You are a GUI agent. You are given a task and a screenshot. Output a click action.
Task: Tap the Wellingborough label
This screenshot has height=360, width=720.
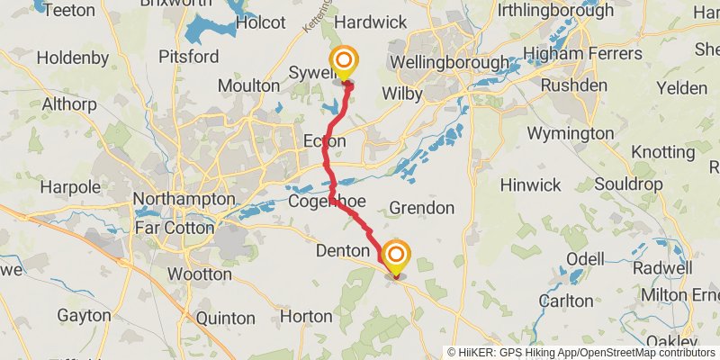(448, 64)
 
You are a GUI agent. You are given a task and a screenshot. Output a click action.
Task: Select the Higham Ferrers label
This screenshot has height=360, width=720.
(582, 54)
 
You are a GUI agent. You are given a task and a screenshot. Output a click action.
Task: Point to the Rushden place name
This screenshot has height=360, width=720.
(566, 87)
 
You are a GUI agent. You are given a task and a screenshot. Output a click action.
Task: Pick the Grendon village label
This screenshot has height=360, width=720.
(421, 208)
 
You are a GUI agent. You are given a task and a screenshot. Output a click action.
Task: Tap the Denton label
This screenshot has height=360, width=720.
(343, 251)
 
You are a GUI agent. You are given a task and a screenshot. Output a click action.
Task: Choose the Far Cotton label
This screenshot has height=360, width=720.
(175, 228)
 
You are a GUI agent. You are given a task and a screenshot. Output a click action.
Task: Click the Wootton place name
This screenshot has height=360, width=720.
(199, 274)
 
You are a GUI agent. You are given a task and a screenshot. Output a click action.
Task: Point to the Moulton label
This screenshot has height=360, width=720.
(248, 85)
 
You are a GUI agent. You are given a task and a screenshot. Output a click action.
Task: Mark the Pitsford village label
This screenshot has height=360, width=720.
(188, 57)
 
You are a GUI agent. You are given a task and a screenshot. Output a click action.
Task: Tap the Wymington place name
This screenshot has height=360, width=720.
(570, 134)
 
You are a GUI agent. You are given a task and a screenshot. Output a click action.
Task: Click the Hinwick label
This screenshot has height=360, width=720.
(531, 184)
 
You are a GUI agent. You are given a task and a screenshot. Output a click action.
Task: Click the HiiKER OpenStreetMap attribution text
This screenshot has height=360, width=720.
(582, 352)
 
